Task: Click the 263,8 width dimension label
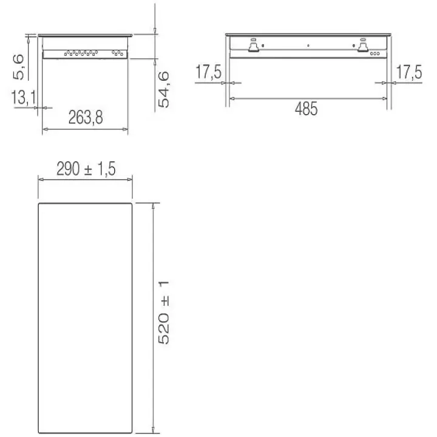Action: pyautogui.click(x=86, y=117)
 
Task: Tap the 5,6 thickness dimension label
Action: pyautogui.click(x=19, y=67)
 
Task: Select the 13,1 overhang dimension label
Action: pyautogui.click(x=24, y=98)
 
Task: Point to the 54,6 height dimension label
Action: pyautogui.click(x=163, y=89)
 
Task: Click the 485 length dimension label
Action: pyautogui.click(x=306, y=109)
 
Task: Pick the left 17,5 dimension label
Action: pyautogui.click(x=208, y=72)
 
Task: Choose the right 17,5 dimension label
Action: pyautogui.click(x=409, y=72)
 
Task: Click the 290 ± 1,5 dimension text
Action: pyautogui.click(x=86, y=169)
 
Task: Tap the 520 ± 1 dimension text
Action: pyautogui.click(x=163, y=313)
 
